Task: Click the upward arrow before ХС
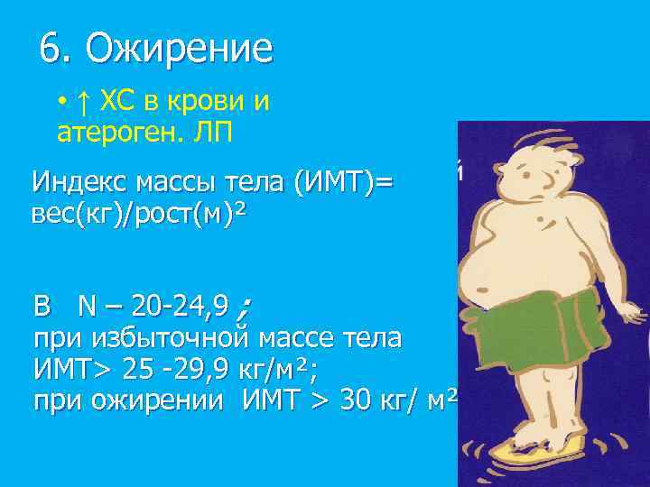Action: pos(82,100)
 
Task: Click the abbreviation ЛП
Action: pos(214,133)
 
